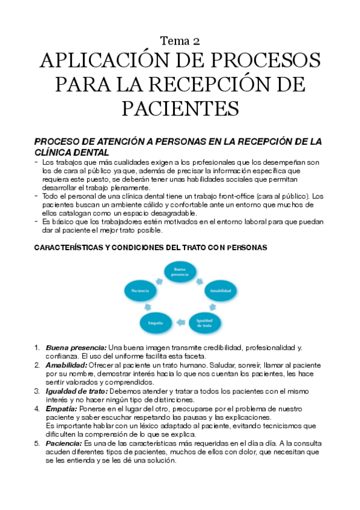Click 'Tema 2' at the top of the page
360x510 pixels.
click(x=180, y=41)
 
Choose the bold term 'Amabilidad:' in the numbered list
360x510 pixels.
click(x=66, y=365)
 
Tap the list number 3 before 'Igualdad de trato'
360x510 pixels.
click(x=37, y=391)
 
